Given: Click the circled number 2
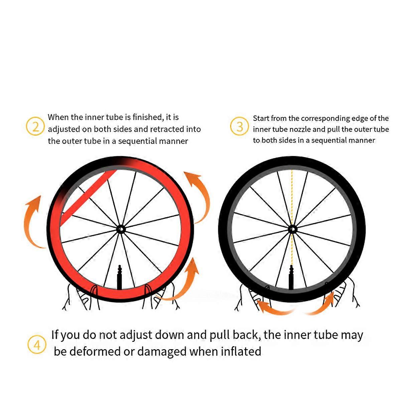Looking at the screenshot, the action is [x=35, y=126].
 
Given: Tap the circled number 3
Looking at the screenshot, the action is [x=240, y=126].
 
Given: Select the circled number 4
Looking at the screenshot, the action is [x=37, y=346].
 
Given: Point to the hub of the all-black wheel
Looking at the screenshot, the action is [x=292, y=230].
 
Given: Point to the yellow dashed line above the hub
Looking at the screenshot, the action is [x=292, y=198].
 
